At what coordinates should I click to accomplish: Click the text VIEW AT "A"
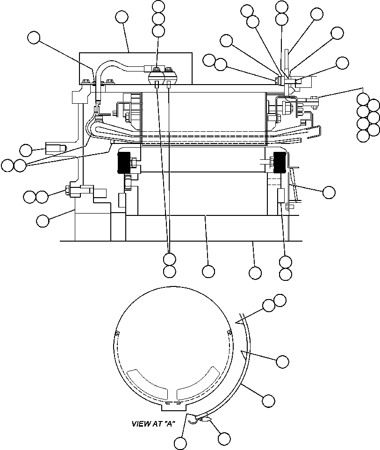pos(152,424)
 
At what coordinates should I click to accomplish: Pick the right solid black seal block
pos(280,163)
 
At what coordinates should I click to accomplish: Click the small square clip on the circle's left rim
pos(116,333)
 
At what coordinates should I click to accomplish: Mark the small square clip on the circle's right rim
pos(229,332)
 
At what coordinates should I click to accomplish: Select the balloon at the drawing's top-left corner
pos(34,38)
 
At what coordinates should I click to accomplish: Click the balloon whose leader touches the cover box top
pos(122,17)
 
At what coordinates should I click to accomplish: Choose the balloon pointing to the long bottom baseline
pos(255,272)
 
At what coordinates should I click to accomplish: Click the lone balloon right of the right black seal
pos(329,192)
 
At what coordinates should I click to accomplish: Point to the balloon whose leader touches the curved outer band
pos(268,400)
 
